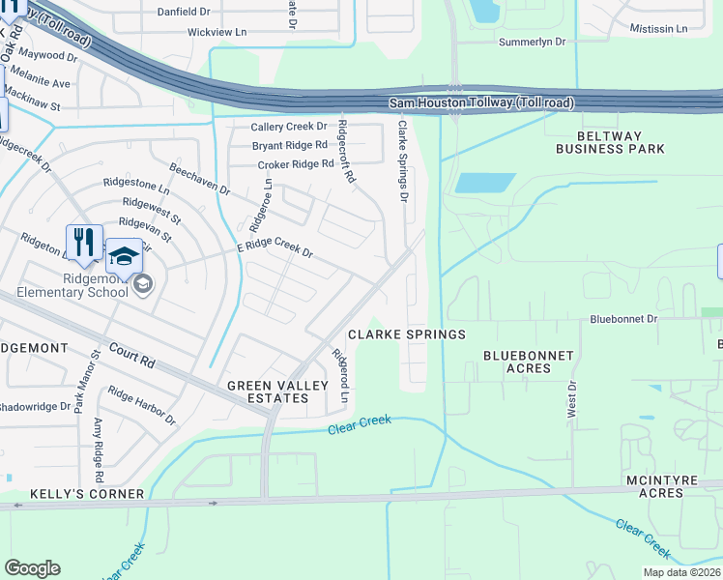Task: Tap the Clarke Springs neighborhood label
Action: coord(407,334)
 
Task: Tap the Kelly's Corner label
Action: coord(87,494)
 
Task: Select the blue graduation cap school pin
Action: coord(123,257)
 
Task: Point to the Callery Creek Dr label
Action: coord(290,128)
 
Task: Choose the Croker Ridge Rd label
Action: coord(295,164)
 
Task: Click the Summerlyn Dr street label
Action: coord(537,43)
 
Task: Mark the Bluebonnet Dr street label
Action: coord(623,317)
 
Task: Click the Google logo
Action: coord(32,568)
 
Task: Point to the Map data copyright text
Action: coord(682,572)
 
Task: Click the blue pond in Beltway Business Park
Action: coord(484,183)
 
